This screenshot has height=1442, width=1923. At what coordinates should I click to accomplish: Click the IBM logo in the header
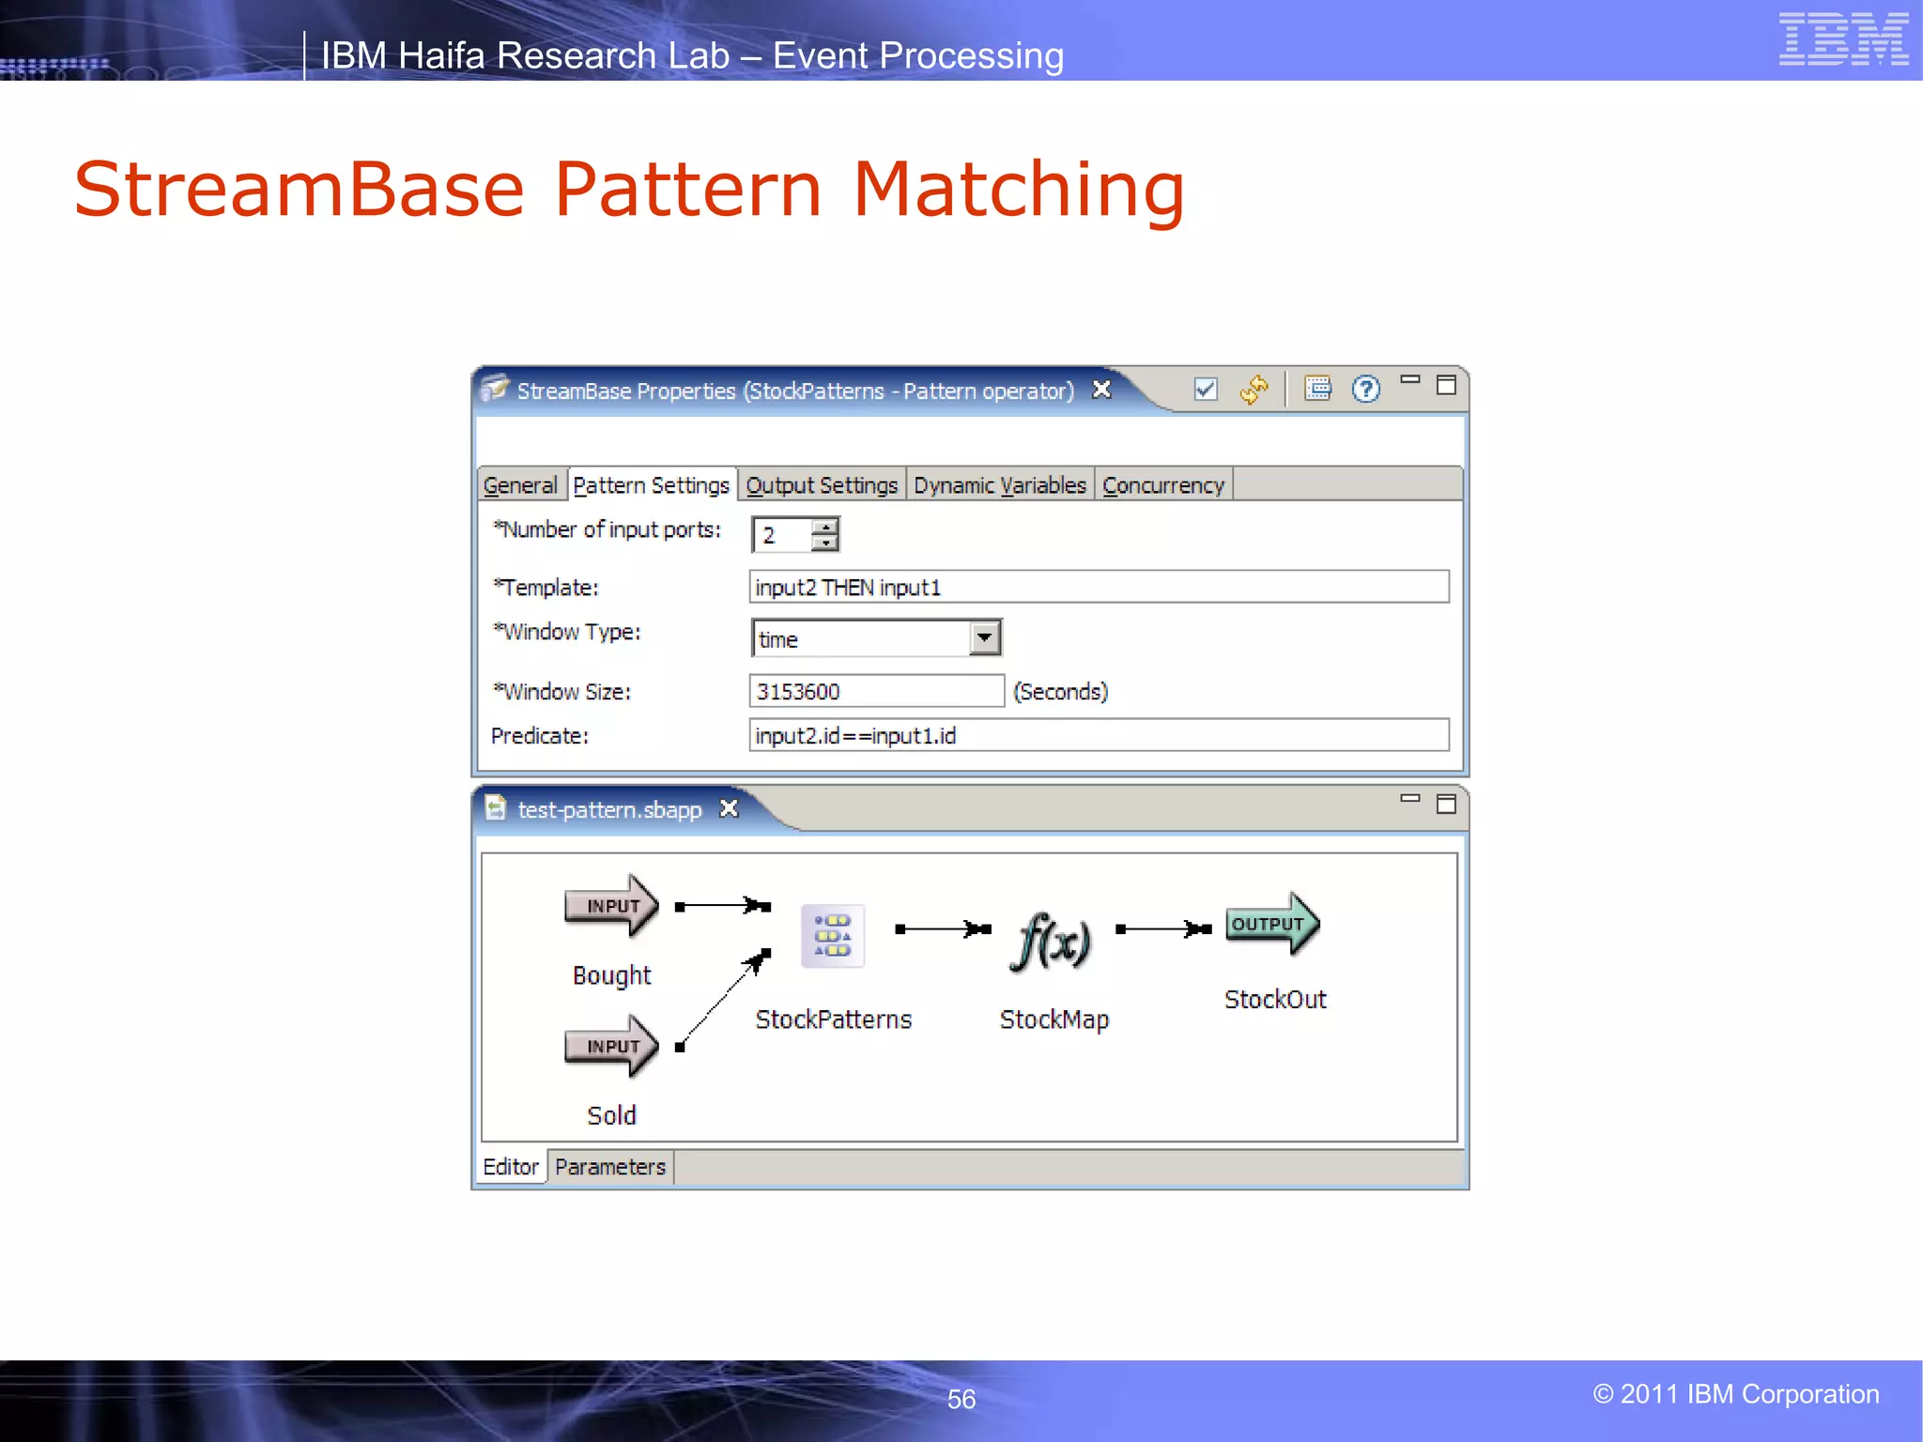pos(1842,39)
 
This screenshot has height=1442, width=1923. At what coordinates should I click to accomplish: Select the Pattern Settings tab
pos(651,485)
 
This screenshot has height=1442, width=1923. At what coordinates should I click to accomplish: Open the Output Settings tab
pos(822,485)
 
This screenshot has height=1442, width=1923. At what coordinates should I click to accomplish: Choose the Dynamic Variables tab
pos(999,485)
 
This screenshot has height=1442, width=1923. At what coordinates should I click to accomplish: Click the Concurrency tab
pos(1162,485)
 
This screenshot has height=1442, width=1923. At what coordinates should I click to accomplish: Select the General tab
pos(520,485)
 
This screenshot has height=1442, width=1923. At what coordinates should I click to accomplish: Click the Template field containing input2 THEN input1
pos(1098,588)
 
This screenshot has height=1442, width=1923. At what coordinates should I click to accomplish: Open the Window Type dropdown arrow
pos(984,638)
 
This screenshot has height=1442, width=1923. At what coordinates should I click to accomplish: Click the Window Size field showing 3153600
pos(875,692)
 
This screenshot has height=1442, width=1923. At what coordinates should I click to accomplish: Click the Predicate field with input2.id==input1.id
pos(1098,736)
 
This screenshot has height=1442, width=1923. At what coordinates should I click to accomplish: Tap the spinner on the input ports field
pos(824,534)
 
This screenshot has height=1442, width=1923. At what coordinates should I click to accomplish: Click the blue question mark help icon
pos(1365,389)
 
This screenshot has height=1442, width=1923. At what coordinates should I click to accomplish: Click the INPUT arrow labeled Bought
pos(611,906)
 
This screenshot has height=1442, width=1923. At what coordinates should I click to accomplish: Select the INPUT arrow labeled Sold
pos(611,1046)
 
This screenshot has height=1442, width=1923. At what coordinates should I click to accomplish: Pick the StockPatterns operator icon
pos(832,936)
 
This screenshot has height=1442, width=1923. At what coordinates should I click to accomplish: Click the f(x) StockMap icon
pos(1053,941)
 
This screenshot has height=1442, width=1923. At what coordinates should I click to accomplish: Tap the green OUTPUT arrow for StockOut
pos(1271,924)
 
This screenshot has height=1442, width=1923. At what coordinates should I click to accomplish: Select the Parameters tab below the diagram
pos(609,1167)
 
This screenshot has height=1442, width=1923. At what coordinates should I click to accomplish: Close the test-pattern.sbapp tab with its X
pos(729,809)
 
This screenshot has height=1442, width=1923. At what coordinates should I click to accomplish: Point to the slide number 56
pos(961,1399)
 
